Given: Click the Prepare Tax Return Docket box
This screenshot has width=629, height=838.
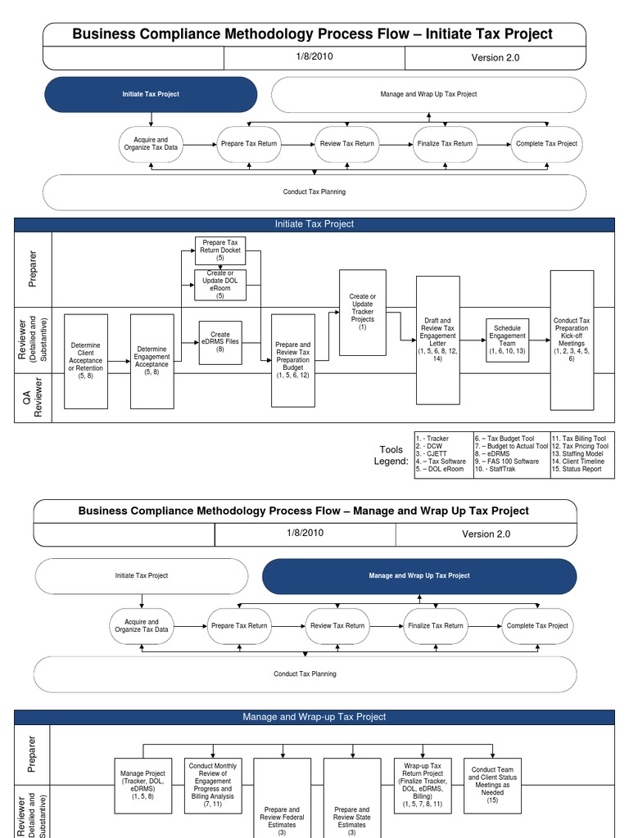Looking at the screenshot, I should tap(220, 250).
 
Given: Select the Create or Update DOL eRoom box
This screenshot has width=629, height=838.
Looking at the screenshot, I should tap(220, 284).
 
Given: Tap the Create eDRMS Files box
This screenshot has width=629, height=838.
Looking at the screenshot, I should tap(220, 342).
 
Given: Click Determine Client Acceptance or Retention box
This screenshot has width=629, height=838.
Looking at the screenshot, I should tap(86, 360).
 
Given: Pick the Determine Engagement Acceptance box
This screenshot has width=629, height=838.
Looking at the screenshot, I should tap(152, 360).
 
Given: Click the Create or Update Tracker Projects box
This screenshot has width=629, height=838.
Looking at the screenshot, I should tap(362, 312).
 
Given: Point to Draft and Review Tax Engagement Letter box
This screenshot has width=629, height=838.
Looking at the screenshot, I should tap(438, 340).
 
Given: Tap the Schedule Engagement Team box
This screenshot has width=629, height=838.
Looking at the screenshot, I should tap(508, 340).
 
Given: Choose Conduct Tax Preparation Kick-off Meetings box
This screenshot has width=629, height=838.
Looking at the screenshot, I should tap(572, 339).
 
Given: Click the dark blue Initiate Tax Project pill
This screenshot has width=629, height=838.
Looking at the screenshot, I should tap(151, 94).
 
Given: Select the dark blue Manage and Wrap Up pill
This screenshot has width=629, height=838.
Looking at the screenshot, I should tap(419, 575).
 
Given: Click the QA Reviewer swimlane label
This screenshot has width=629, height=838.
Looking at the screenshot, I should tap(34, 397).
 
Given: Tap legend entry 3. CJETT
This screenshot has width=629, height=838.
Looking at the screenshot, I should tap(431, 453).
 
